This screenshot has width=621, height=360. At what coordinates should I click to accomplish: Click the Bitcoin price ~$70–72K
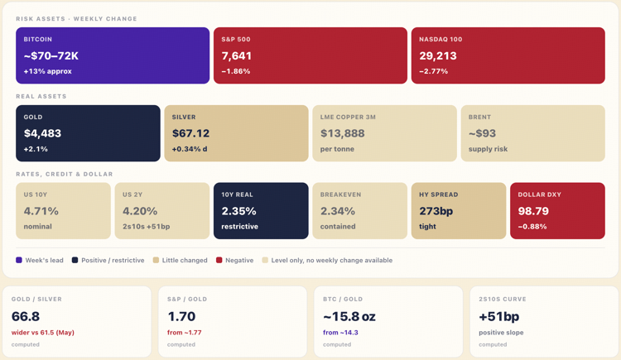51,55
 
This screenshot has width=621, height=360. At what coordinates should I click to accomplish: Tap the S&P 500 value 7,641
237,55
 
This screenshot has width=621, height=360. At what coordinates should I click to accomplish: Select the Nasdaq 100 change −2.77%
434,71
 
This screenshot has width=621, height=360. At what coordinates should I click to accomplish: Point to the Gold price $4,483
42,133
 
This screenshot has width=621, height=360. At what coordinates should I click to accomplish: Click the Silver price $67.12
190,133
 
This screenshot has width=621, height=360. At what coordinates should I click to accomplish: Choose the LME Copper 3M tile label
348,118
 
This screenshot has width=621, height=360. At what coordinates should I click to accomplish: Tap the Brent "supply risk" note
488,149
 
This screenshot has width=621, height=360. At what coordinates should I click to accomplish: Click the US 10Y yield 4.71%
41,211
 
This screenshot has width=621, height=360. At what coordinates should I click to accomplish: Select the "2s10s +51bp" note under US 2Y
146,227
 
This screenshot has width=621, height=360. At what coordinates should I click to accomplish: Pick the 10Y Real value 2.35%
238,211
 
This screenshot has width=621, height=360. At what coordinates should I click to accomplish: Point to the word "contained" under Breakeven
338,227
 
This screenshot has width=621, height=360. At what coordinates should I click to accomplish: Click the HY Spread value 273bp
436,211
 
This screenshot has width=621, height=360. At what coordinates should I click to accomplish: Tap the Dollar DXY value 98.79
533,211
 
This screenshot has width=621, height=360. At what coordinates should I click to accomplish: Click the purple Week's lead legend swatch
19,260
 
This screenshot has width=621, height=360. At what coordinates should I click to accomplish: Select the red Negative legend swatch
219,260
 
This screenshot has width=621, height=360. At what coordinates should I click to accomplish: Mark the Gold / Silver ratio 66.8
26,316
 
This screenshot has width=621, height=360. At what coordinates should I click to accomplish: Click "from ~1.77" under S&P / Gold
184,333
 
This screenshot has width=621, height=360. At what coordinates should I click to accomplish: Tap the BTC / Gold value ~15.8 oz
349,316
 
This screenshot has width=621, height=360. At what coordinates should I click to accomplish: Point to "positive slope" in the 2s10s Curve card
501,333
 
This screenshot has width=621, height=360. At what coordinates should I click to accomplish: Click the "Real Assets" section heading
41,96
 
